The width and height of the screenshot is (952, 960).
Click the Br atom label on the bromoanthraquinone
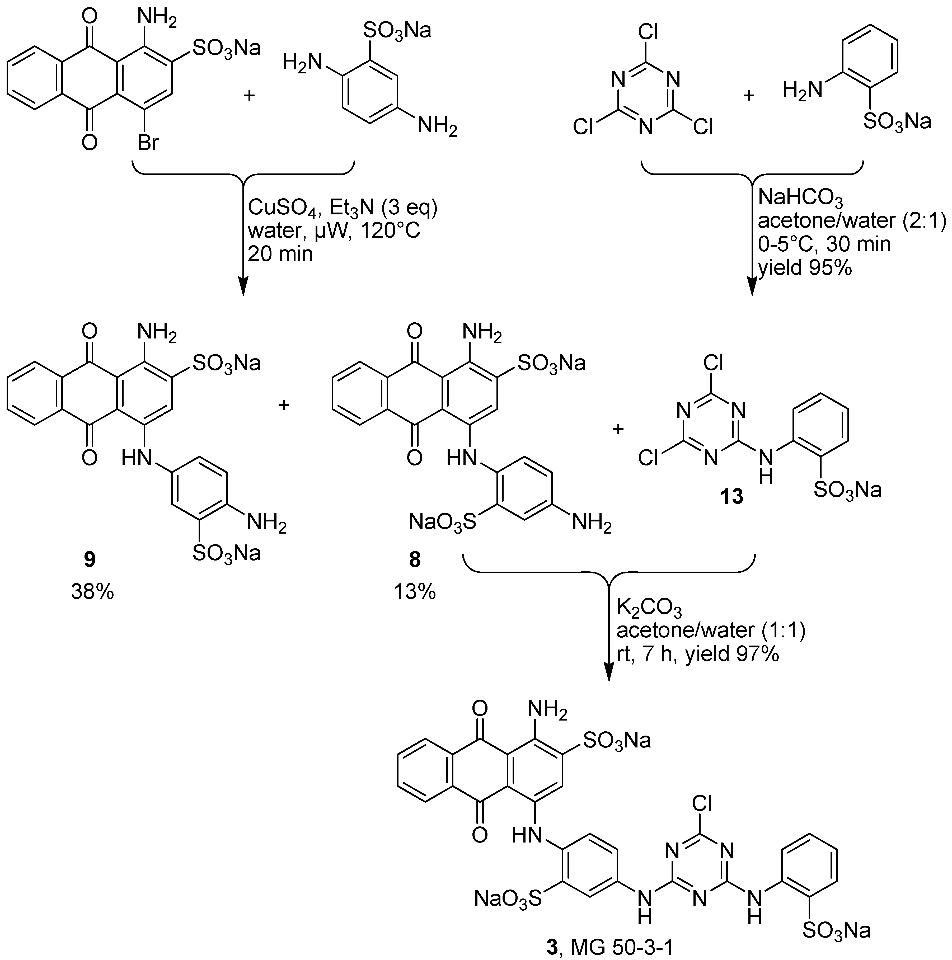tap(148, 143)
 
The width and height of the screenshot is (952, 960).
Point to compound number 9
tap(90, 560)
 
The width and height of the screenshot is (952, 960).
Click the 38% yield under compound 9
tap(92, 591)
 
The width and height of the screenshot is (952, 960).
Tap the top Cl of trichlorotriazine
tap(648, 32)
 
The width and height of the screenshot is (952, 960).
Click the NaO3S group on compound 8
tap(442, 522)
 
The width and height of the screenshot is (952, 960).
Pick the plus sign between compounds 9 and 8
tap(283, 405)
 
